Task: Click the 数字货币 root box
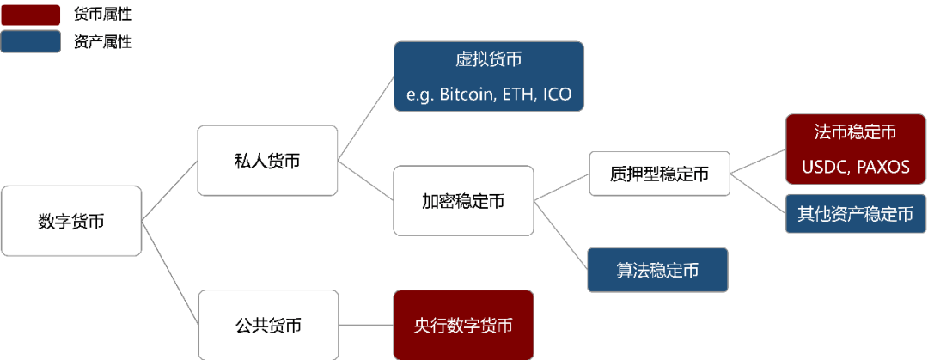coord(71,221)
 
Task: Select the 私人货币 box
coord(267,161)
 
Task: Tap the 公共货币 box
coord(267,326)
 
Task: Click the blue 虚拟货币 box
coord(489,76)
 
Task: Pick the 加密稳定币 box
coord(463,201)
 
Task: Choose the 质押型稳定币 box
coord(659,174)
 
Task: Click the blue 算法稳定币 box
coord(657,271)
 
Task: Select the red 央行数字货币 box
coord(463,325)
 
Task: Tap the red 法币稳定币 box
coord(855,149)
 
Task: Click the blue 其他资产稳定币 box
coord(855,214)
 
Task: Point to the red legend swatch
coord(31,15)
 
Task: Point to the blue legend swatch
coord(31,40)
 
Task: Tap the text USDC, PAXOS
coord(855,167)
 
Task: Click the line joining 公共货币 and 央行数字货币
coord(365,326)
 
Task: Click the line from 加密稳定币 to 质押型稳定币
coord(561,189)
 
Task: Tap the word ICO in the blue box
coord(557,94)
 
